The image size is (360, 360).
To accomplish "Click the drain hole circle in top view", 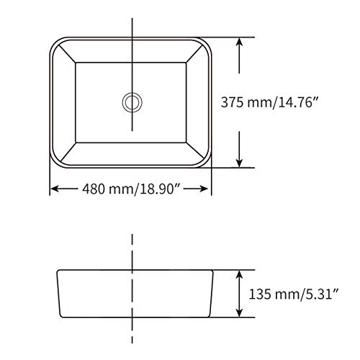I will pos(132,102).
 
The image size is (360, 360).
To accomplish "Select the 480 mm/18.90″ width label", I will pos(130,189).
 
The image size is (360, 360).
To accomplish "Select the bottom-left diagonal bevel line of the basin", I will pos(65,153).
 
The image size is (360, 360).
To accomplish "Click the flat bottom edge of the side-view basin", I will pos(132,318).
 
